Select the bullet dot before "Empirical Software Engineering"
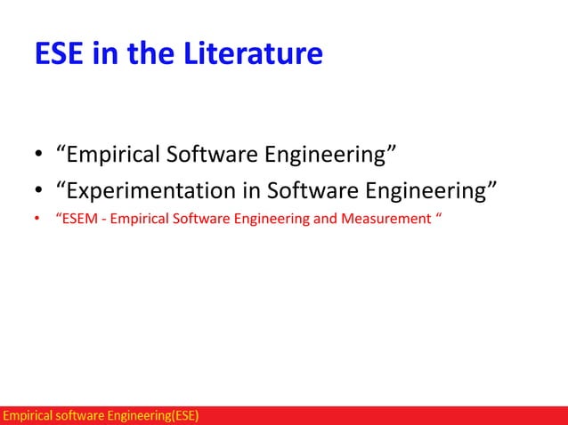38,157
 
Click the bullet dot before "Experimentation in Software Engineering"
38,190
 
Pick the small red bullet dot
37,219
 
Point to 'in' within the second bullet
251,188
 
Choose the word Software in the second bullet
311,188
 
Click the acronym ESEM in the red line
78,219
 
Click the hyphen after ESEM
102,219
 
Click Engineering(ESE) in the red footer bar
154,415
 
